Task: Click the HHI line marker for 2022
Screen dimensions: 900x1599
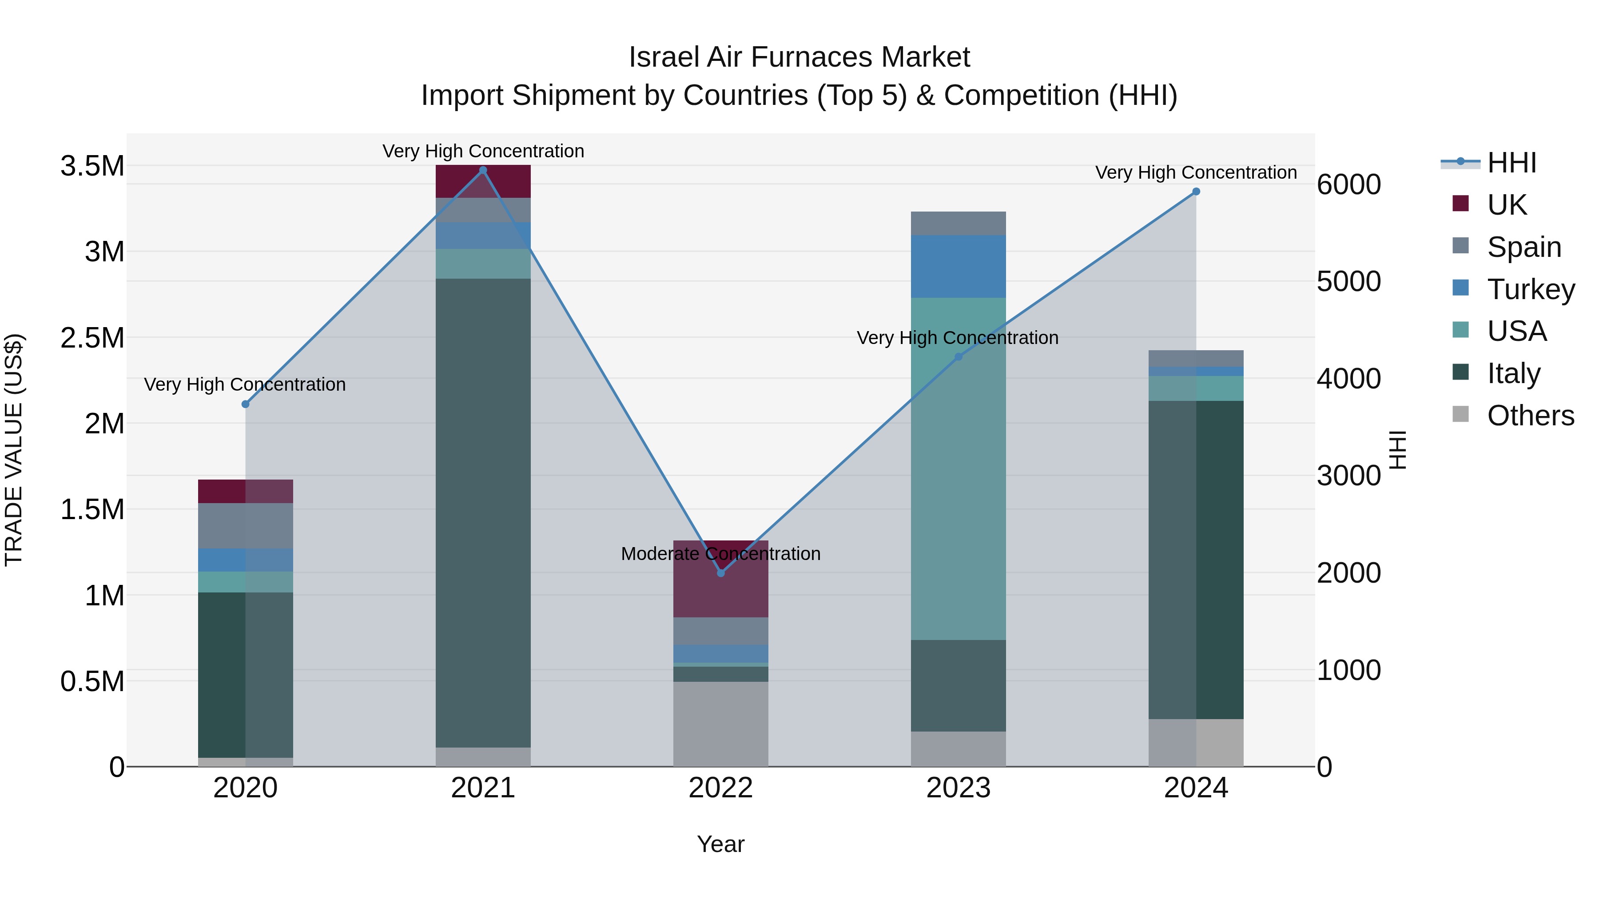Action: (x=721, y=573)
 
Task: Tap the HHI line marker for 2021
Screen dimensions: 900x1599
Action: (x=483, y=170)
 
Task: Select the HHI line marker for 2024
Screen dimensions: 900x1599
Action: (x=1196, y=191)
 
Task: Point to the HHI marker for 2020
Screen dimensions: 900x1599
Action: (x=245, y=404)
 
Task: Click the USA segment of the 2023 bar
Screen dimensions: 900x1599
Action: (x=959, y=469)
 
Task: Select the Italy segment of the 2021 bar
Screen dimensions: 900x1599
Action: (x=483, y=512)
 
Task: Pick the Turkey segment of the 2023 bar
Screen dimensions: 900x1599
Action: (x=959, y=267)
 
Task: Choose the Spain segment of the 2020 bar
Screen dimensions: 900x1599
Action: (x=245, y=525)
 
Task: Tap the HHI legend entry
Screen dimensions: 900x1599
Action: (x=1490, y=163)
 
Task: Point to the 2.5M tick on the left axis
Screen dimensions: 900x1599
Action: (x=92, y=338)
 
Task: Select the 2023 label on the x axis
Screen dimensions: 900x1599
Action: (x=959, y=788)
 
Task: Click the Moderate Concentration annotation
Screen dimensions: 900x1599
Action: (x=721, y=553)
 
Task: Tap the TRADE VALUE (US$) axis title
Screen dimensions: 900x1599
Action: (x=14, y=450)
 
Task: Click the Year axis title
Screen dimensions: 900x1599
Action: (x=721, y=844)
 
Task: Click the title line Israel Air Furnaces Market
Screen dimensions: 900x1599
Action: (x=799, y=57)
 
